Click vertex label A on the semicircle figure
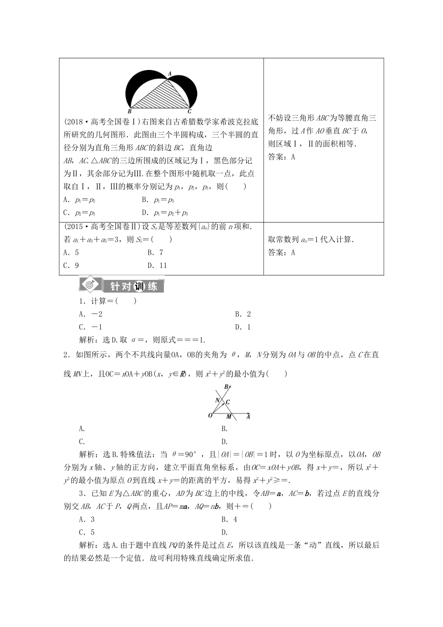[x=169, y=74]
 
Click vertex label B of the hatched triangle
[x=129, y=111]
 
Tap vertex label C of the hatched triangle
[x=189, y=111]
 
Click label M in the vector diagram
[x=229, y=416]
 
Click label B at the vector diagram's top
[x=227, y=387]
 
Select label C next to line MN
[x=228, y=402]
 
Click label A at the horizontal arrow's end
[x=248, y=417]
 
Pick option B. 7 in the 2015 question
[x=155, y=252]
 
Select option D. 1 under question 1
[x=242, y=327]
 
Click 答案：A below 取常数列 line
[x=282, y=252]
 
